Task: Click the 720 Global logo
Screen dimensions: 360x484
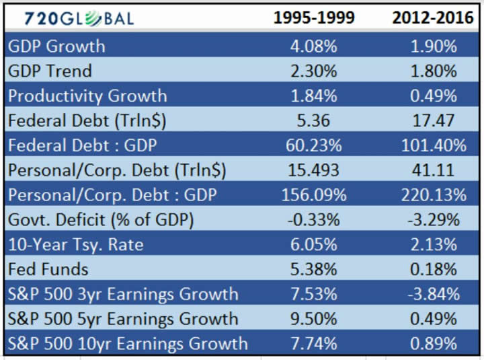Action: pos(79,18)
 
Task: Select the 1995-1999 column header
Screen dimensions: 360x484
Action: pos(314,18)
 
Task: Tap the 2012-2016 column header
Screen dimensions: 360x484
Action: pos(434,18)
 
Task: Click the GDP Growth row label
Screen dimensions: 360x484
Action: pos(57,46)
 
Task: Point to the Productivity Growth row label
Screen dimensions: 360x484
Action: pos(87,96)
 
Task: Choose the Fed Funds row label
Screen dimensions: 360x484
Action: pos(48,269)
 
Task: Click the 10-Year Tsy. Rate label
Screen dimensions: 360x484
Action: pos(76,244)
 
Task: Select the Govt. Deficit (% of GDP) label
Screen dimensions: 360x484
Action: pos(100,220)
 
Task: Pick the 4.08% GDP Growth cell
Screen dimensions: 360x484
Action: pos(314,46)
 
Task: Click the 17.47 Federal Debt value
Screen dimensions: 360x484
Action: pos(434,120)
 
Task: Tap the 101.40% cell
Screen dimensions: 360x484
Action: pos(434,145)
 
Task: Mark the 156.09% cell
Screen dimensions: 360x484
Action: pos(314,195)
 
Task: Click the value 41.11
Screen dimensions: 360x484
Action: pos(434,170)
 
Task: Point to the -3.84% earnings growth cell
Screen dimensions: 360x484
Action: pos(434,294)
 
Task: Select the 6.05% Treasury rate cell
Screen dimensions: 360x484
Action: pos(314,244)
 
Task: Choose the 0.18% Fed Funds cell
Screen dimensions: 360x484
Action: pos(434,269)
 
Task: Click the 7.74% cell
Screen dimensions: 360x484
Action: pos(314,343)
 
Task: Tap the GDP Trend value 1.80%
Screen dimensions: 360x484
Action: pos(434,71)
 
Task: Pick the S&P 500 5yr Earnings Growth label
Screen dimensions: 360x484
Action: pos(123,319)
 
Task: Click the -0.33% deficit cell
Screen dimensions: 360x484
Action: pos(314,220)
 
